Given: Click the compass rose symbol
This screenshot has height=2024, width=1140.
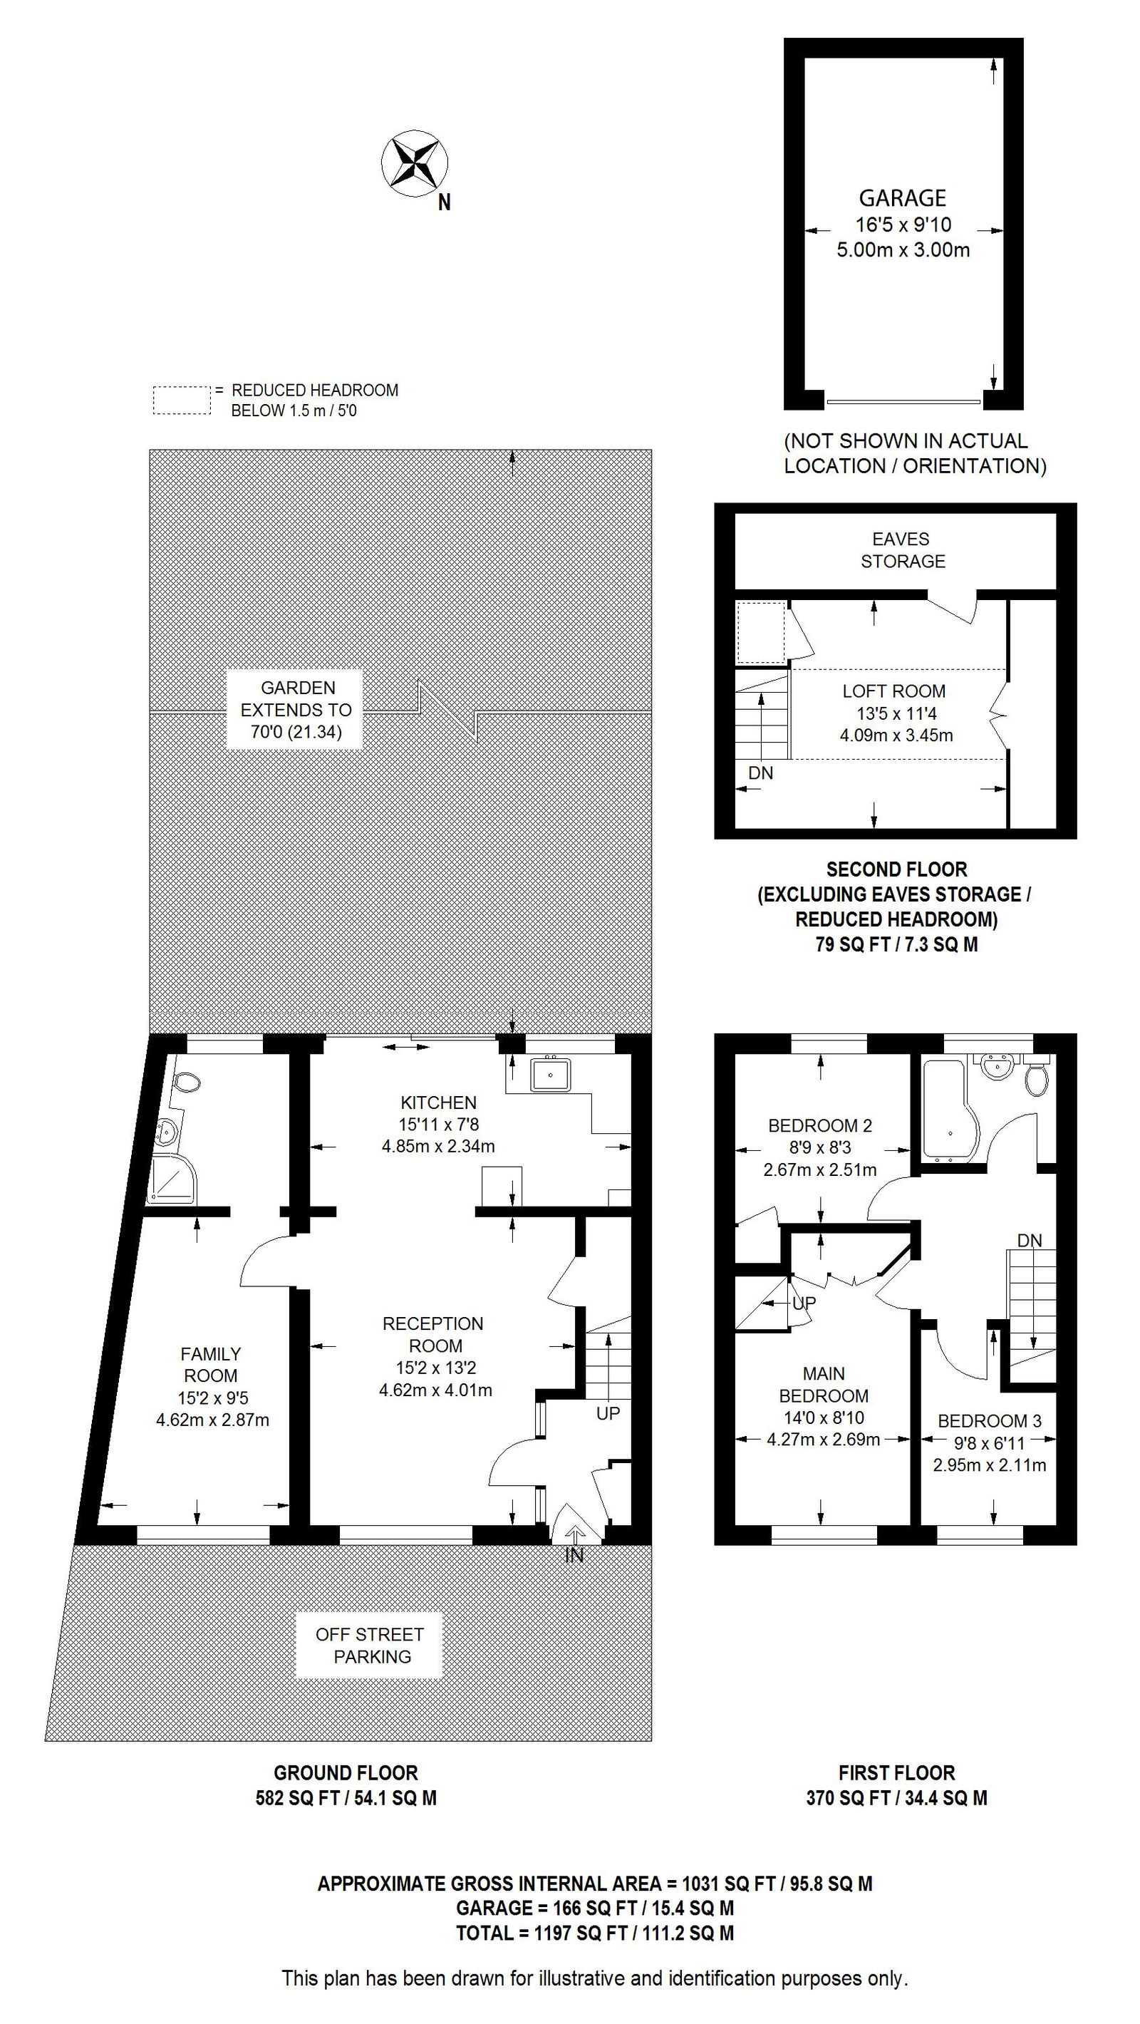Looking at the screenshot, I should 415,163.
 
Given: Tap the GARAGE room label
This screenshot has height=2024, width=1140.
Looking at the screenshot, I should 902,198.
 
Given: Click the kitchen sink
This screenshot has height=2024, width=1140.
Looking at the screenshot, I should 551,1074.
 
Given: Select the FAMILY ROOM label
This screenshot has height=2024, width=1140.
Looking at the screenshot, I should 211,1365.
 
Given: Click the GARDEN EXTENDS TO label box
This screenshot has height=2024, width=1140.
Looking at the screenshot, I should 296,710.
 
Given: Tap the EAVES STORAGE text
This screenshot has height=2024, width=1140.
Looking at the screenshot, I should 901,550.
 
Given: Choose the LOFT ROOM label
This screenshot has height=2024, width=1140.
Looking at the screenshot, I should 894,691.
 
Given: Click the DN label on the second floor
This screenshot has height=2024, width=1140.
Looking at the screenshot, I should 760,773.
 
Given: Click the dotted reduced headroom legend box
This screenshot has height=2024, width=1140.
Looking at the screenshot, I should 182,400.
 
